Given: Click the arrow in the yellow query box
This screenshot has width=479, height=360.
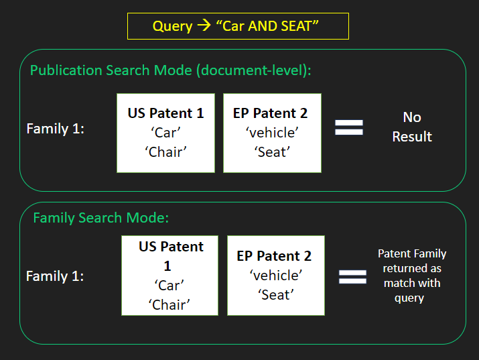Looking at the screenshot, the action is (x=204, y=25).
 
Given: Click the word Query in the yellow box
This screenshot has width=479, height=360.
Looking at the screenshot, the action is (x=172, y=27).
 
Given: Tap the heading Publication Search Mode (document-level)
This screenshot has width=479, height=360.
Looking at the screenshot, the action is (x=170, y=70).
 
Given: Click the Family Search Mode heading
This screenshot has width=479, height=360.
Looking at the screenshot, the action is (x=100, y=218).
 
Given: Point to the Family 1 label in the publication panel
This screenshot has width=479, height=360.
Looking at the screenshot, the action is (x=56, y=129).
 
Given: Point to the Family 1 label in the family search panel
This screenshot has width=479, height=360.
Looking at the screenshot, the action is (x=55, y=276).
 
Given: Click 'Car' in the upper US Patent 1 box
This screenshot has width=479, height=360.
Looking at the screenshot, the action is (x=165, y=133).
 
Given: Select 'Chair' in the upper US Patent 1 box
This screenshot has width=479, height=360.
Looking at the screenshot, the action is (x=165, y=152).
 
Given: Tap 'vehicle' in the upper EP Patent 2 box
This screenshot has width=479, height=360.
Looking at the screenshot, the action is (x=272, y=133).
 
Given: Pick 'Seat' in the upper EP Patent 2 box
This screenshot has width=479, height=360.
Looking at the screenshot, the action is (x=272, y=152).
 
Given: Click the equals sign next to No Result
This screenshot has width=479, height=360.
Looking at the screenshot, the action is (x=349, y=127).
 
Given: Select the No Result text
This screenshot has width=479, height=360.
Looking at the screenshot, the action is (x=412, y=127).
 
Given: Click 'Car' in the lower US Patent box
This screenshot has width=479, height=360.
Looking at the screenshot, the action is (x=169, y=286).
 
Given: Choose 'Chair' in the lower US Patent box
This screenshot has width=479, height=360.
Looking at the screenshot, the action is (x=169, y=304).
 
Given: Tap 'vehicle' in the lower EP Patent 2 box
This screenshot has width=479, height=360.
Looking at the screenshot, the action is (x=276, y=276).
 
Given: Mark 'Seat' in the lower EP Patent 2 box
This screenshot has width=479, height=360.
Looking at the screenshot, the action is (x=276, y=295).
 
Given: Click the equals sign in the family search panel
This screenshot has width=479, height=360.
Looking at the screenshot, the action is (x=352, y=277).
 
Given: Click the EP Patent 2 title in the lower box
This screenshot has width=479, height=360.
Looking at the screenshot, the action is (x=274, y=256).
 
